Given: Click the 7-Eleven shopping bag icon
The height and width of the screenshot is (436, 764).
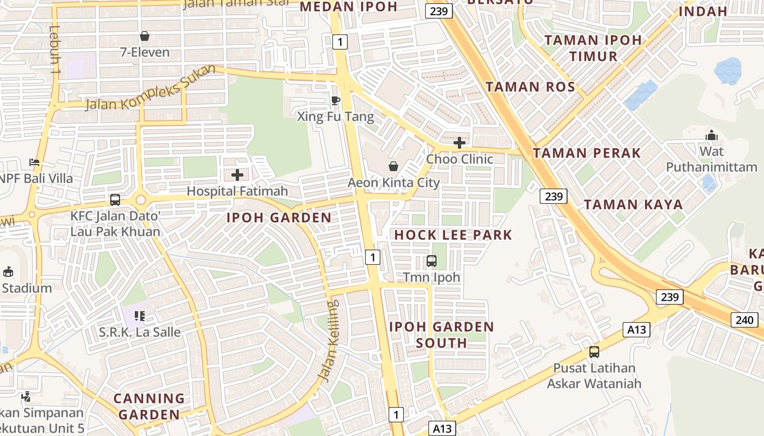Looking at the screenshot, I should click(145, 37).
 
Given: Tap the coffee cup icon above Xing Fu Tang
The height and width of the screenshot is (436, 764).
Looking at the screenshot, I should click(336, 100).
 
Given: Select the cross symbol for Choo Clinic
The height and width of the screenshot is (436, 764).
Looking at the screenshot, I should click(459, 143).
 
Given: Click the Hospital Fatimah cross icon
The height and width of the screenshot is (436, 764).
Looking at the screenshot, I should click(237, 175).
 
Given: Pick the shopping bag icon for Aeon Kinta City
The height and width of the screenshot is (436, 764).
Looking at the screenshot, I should click(393, 166).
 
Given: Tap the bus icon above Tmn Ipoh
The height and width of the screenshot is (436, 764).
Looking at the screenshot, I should click(432, 261).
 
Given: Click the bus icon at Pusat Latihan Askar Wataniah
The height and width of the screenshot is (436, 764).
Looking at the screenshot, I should click(594, 352).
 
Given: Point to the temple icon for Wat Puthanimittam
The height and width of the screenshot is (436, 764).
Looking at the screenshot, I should click(712, 135).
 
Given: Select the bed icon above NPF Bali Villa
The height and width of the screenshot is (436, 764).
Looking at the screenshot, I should click(34, 162).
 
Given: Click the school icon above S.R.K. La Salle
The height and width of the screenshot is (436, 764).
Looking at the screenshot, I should click(140, 316).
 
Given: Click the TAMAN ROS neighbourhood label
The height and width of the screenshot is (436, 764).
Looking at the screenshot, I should click(530, 87).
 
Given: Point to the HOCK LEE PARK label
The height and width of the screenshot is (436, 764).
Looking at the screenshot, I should click(453, 235).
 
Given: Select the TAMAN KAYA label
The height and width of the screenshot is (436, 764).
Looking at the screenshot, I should click(633, 205).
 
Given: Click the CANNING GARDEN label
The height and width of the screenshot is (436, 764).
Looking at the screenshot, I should click(149, 407).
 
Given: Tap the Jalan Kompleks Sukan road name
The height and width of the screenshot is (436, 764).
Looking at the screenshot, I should click(151, 87).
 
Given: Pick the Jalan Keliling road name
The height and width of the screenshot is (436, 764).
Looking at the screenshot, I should click(329, 341).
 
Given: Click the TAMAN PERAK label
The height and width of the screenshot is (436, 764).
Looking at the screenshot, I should click(587, 153).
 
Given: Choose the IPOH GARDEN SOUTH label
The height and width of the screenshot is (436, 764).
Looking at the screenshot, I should click(441, 335).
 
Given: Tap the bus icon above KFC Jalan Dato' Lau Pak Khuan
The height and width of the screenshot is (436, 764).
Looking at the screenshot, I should click(115, 200).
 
